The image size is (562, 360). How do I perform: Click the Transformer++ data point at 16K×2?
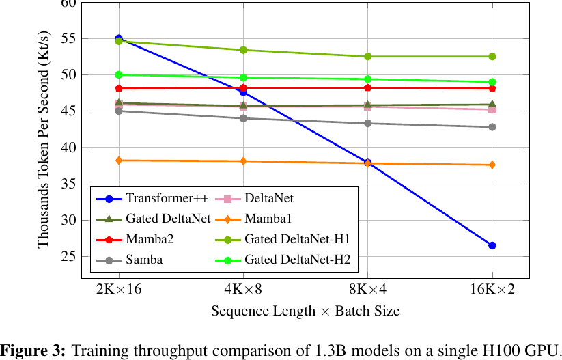point(492,246)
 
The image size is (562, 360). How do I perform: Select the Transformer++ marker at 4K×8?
point(243,92)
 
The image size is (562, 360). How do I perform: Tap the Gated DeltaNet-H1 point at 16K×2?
point(492,57)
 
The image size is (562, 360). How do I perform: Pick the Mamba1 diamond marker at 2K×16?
point(119,161)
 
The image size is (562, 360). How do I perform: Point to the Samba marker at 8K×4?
point(368,124)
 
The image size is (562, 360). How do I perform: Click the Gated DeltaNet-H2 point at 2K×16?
point(119,74)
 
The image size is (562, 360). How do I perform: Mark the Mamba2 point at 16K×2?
point(492,89)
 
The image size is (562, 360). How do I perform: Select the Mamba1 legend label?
point(268,219)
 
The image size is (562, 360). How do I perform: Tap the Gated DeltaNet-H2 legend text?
point(298,260)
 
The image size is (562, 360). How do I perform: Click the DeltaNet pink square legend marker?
point(227,199)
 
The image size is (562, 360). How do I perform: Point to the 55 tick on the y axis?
point(68,38)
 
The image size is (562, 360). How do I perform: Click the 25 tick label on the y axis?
point(68,257)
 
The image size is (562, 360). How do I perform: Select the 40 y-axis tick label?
point(68,148)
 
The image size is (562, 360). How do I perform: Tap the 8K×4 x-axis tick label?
point(368,289)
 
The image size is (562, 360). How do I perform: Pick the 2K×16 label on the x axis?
point(119,289)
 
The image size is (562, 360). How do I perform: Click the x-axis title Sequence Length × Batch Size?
point(305,311)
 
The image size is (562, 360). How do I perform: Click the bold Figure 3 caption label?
point(33,350)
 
